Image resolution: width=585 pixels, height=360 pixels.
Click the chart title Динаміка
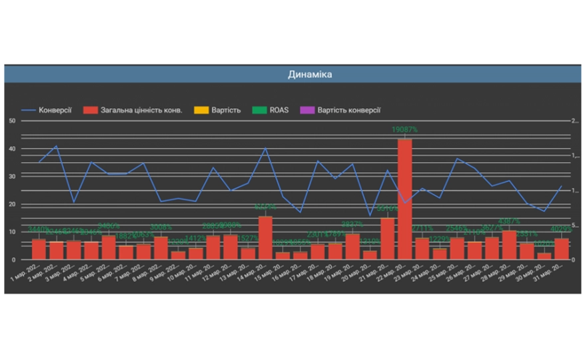310,74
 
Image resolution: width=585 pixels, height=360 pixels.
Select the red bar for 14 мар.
265,237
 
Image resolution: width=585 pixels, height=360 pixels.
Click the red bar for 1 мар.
39,249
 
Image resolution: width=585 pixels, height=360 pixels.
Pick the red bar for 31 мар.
562,249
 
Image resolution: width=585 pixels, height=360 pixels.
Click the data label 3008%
161,228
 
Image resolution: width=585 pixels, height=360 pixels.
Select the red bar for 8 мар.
161,247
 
